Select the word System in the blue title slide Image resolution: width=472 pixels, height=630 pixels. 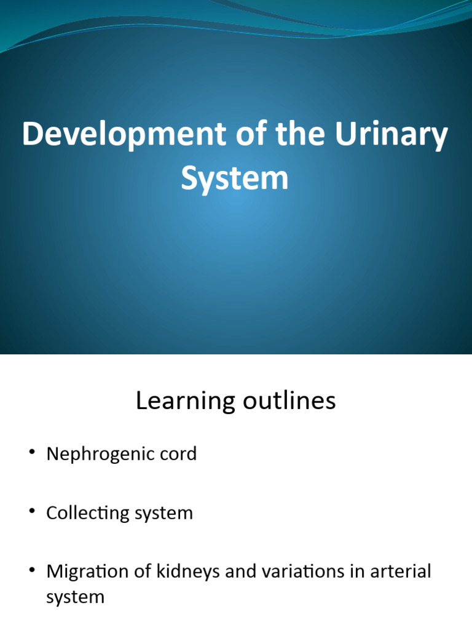coord(235,178)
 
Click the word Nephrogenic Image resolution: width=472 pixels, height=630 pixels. coord(98,455)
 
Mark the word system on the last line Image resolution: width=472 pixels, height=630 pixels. coord(75,597)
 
